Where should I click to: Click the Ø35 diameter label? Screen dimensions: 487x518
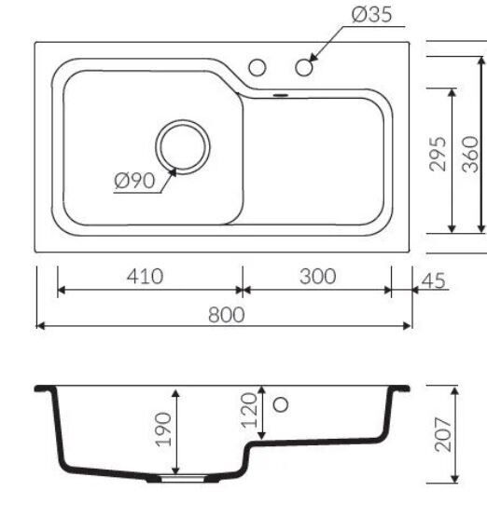click(372, 15)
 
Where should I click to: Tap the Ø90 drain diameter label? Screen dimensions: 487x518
click(134, 181)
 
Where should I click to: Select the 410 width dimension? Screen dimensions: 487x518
click(146, 276)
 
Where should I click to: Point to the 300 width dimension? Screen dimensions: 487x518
click(318, 276)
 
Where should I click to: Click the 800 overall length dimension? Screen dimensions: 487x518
click(227, 315)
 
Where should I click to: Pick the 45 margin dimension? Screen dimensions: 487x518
click(434, 280)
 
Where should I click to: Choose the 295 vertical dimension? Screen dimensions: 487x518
click(438, 154)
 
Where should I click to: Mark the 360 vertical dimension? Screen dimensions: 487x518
click(470, 154)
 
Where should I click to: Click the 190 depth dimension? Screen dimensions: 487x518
click(163, 429)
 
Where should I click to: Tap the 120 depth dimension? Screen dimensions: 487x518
click(249, 410)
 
